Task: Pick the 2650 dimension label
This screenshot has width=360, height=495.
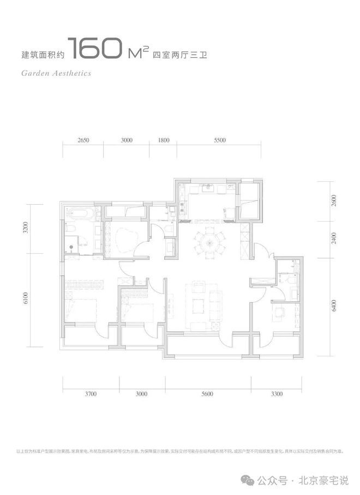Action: tap(83, 140)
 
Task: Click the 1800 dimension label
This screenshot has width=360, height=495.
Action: tap(163, 140)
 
